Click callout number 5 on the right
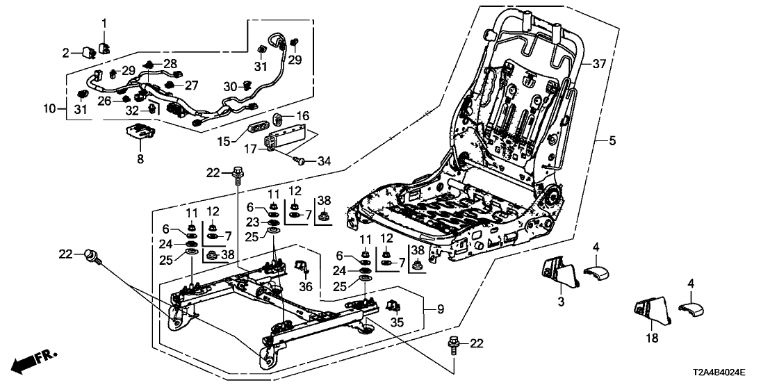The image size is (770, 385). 612,142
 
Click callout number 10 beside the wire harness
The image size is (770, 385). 49,108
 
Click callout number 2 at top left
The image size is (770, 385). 67,52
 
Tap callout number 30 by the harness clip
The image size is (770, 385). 230,86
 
